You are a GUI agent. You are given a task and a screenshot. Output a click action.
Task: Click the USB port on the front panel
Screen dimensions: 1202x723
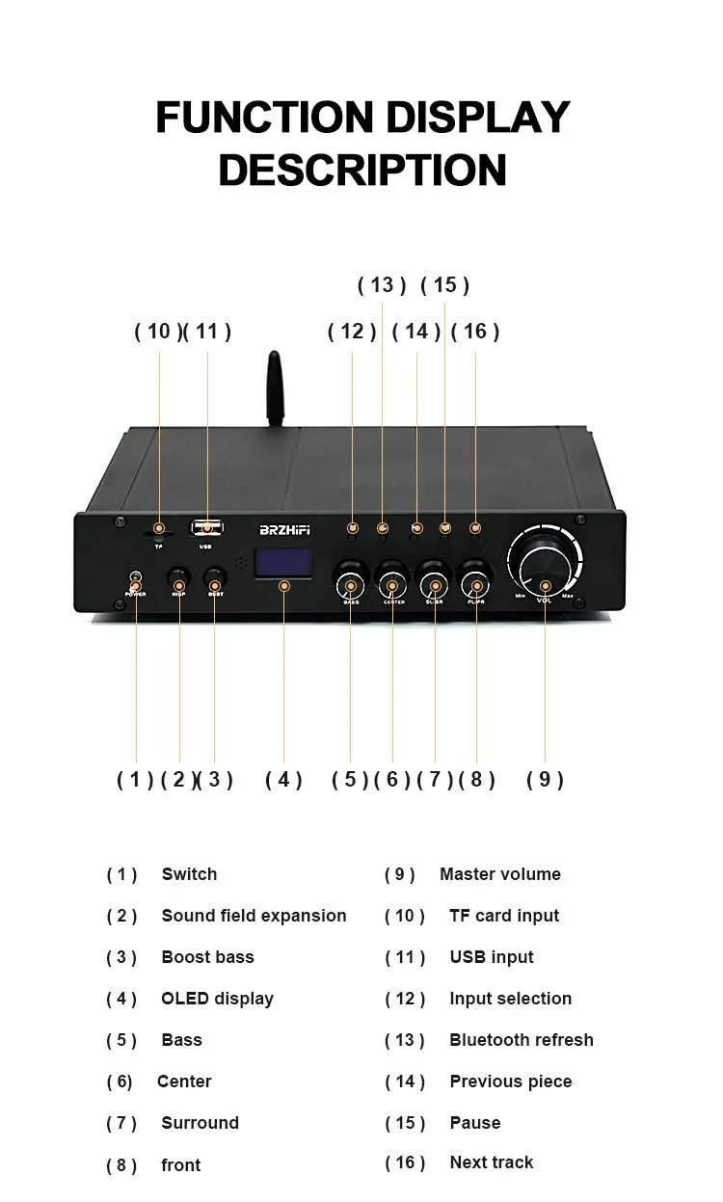tap(206, 528)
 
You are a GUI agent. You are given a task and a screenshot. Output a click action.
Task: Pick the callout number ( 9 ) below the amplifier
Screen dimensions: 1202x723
tap(545, 780)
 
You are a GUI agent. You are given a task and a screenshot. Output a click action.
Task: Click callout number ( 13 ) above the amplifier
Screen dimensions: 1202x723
tap(382, 285)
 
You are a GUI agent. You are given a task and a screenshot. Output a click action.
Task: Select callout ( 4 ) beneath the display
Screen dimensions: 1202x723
tap(283, 780)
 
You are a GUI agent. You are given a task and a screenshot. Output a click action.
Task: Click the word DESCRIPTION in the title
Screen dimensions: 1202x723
tap(362, 170)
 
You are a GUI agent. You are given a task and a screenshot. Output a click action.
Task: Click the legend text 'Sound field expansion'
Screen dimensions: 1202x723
tap(254, 916)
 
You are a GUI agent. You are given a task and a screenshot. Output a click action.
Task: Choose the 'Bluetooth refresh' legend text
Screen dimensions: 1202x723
tap(521, 1040)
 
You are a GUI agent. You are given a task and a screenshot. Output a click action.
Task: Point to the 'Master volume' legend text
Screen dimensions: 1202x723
tap(499, 874)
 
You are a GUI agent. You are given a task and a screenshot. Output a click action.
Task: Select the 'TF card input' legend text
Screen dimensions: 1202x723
tap(504, 916)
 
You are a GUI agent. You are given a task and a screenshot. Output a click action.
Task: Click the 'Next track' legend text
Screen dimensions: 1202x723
tap(491, 1162)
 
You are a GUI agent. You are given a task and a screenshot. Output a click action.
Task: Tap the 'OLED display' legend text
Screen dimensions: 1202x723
tap(217, 999)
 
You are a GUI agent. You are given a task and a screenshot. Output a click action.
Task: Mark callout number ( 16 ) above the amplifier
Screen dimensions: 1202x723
tap(475, 332)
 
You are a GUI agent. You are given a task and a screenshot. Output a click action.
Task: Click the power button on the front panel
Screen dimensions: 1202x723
tap(136, 581)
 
